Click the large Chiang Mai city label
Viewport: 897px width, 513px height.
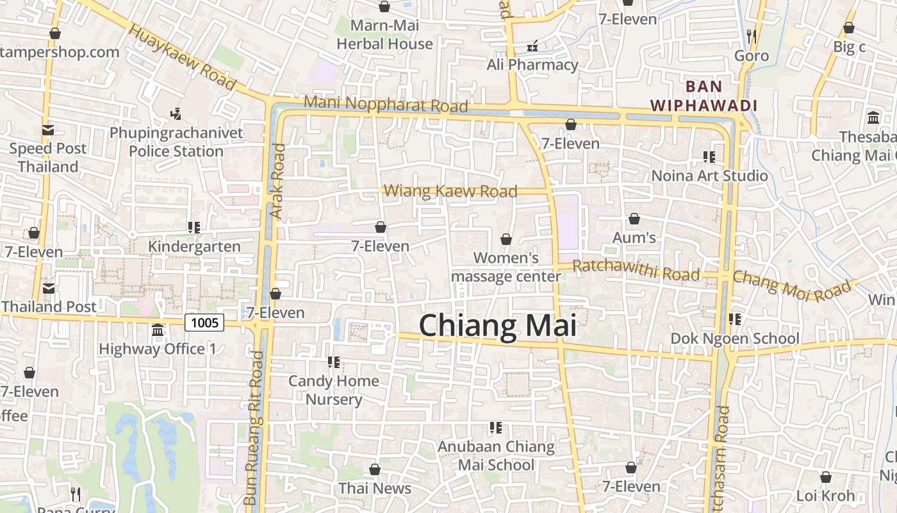498,326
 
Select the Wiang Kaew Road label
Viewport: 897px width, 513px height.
450,191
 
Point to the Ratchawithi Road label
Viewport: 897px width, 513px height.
636,270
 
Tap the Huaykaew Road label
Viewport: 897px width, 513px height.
183,57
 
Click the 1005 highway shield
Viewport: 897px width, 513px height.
205,323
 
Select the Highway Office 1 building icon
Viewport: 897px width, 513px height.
158,330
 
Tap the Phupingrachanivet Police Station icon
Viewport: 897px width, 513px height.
176,115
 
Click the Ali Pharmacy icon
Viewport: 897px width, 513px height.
532,46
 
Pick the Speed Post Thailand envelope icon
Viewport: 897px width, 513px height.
48,130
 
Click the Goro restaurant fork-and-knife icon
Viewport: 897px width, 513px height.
752,36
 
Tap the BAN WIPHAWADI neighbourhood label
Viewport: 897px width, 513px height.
704,96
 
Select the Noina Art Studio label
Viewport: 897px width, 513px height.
709,176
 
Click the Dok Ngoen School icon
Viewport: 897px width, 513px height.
734,319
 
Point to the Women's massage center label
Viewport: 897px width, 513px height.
506,267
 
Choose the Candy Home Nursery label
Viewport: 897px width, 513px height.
334,390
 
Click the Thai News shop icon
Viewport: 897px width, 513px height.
375,470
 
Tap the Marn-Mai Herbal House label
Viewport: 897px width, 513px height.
385,35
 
